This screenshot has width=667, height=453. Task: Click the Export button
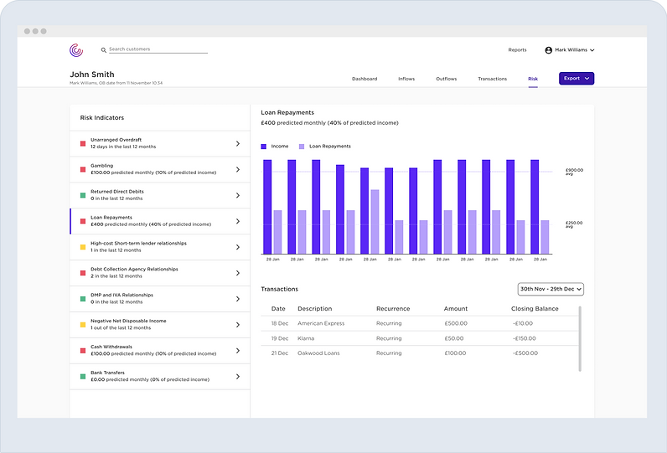[x=577, y=79]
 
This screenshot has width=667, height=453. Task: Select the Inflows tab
[x=406, y=79]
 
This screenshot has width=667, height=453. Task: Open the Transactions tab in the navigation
[x=492, y=79]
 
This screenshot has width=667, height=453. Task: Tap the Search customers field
[x=158, y=49]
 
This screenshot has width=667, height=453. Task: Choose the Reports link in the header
[x=517, y=50]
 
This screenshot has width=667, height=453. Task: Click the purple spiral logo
[x=76, y=50]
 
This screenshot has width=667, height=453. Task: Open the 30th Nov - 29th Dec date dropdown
[x=551, y=289]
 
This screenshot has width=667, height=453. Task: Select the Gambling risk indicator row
[x=159, y=169]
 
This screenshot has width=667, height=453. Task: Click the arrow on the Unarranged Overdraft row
[x=238, y=143]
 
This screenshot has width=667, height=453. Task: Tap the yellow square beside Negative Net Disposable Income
[x=83, y=324]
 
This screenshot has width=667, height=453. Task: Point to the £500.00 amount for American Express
[x=456, y=322]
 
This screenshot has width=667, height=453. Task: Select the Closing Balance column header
[x=534, y=309]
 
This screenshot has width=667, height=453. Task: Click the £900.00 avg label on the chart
[x=574, y=171]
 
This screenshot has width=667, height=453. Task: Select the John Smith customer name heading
[x=91, y=74]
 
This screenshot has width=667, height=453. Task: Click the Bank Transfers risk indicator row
[x=159, y=376]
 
